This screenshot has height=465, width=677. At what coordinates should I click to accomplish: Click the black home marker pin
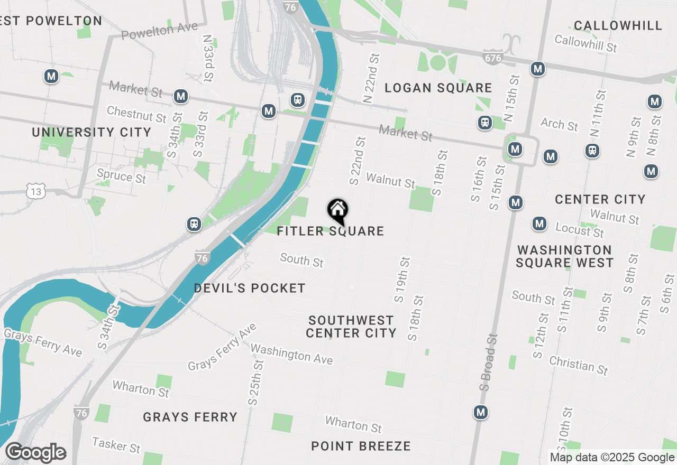337,211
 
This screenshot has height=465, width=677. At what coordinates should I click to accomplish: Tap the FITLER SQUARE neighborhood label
331,231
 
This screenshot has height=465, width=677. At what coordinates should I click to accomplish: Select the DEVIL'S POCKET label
250,289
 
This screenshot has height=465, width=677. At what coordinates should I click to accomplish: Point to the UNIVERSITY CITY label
92,132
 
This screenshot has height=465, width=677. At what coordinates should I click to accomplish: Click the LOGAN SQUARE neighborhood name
438,88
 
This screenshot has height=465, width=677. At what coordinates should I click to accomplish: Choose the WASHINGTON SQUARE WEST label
565,256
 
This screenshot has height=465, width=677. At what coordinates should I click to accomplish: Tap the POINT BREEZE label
361,447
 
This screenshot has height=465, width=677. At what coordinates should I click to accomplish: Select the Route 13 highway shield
36,192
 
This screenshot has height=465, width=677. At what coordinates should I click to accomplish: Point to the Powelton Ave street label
159,31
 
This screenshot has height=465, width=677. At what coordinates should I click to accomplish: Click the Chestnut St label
136,114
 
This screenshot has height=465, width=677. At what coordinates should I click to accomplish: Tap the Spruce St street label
121,175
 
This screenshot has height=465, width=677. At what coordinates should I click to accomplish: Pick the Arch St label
559,125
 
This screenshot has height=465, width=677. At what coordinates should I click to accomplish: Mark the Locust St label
580,230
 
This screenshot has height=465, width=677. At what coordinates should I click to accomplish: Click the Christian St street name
579,365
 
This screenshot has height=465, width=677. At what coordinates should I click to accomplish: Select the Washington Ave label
291,354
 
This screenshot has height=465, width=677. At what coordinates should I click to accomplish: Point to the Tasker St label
116,445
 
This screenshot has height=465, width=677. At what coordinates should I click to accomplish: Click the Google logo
35,453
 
